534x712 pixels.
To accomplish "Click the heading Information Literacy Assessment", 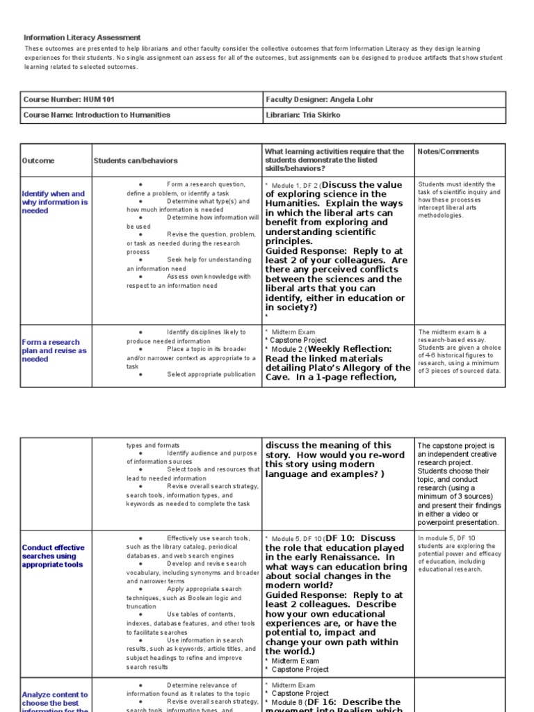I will click(x=82, y=38).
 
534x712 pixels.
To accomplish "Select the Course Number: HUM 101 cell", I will click(x=63, y=99).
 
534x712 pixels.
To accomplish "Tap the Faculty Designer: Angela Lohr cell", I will click(x=319, y=99).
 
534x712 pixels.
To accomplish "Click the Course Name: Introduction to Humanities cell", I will click(x=97, y=115).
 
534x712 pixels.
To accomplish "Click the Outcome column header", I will click(x=38, y=161).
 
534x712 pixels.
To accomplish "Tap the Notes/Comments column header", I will click(x=448, y=151).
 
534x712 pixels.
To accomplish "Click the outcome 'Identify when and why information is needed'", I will click(x=54, y=202).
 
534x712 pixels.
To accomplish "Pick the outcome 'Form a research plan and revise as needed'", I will click(x=54, y=350).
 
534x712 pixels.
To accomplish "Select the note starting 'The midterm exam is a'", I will click(x=460, y=352).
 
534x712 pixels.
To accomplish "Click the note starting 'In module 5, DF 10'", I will click(x=460, y=553).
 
